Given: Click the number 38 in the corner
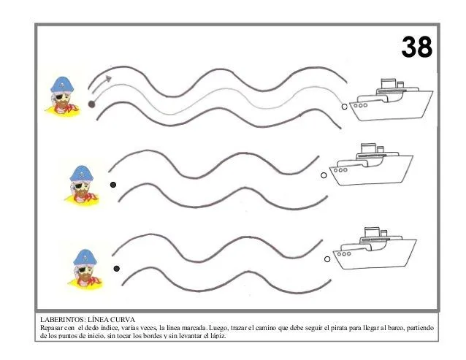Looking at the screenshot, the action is pos(416,47).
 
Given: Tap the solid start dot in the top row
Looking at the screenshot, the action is pos(91,104).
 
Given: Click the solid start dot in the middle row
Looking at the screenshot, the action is pos(113,185).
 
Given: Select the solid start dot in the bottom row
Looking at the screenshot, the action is pos(117,269).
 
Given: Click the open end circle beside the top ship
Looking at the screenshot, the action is pos(344,107).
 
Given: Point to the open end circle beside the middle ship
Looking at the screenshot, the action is pos(324,175).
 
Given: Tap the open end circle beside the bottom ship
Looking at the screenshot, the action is pos(327,259).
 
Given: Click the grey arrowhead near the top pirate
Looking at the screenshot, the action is pos(109,78).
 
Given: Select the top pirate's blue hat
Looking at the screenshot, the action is pos(62,85).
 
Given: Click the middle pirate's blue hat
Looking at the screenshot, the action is pos(81,173).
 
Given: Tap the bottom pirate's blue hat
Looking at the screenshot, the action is pos(85,257).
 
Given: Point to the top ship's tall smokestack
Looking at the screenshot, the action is pos(389,83).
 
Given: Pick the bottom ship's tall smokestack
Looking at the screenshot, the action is pos(372,232).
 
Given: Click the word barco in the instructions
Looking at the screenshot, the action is pos(394,328).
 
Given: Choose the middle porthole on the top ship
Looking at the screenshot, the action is pos(360,105).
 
